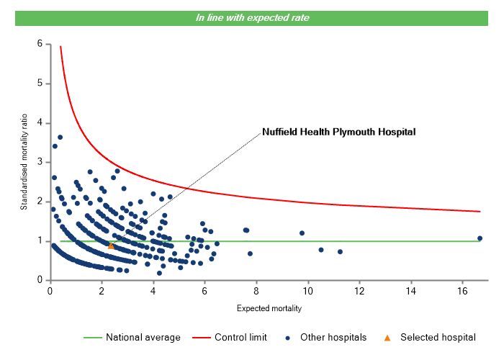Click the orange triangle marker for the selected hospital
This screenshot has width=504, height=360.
(111, 246)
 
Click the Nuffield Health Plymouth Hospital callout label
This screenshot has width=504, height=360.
(339, 132)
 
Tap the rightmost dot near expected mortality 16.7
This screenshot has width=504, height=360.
(480, 238)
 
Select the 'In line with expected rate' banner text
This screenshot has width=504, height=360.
(252, 18)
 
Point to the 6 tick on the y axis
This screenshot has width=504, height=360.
(41, 44)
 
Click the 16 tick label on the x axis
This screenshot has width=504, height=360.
(462, 291)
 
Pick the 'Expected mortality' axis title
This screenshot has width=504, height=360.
(269, 309)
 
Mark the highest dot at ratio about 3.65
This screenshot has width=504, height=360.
(60, 137)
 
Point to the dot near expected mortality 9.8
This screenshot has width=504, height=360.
(302, 233)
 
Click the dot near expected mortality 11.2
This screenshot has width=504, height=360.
(340, 251)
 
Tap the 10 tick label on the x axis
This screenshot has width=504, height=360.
(307, 291)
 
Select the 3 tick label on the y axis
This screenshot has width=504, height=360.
(41, 162)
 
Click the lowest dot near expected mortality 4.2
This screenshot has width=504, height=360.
(159, 273)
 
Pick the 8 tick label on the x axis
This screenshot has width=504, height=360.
(256, 291)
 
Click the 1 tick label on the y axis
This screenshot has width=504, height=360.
(41, 241)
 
